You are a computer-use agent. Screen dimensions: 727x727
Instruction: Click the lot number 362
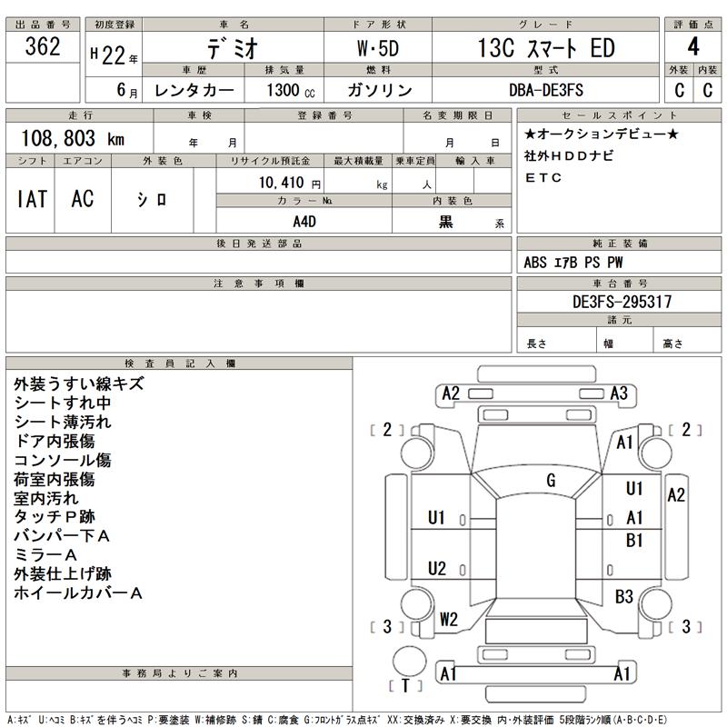pyautogui.click(x=43, y=48)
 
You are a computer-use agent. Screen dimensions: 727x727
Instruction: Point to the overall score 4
pyautogui.click(x=692, y=48)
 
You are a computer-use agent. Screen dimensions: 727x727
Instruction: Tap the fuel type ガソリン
pyautogui.click(x=379, y=89)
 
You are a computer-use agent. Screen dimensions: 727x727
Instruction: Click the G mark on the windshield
pyautogui.click(x=550, y=480)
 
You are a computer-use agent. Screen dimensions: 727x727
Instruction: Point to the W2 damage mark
pyautogui.click(x=448, y=620)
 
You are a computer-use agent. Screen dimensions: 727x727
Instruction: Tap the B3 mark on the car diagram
pyautogui.click(x=623, y=596)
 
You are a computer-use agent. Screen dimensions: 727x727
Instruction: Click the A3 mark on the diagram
pyautogui.click(x=619, y=393)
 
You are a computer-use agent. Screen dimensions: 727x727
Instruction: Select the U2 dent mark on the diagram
pyautogui.click(x=437, y=569)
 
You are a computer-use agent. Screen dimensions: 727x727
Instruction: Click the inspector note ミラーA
pyautogui.click(x=46, y=554)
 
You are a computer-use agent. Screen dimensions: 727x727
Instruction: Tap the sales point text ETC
pyautogui.click(x=543, y=177)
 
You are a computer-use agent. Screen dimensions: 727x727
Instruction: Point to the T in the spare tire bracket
pyautogui.click(x=404, y=685)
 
